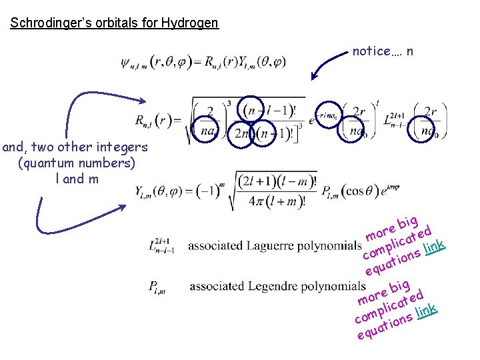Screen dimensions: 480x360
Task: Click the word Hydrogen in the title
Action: (x=193, y=23)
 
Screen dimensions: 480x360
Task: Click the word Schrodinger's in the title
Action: (x=43, y=23)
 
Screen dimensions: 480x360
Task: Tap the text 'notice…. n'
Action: (x=383, y=51)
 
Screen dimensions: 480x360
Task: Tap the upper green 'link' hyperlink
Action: (x=435, y=249)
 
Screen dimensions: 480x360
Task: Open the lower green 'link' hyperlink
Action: (x=426, y=310)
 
